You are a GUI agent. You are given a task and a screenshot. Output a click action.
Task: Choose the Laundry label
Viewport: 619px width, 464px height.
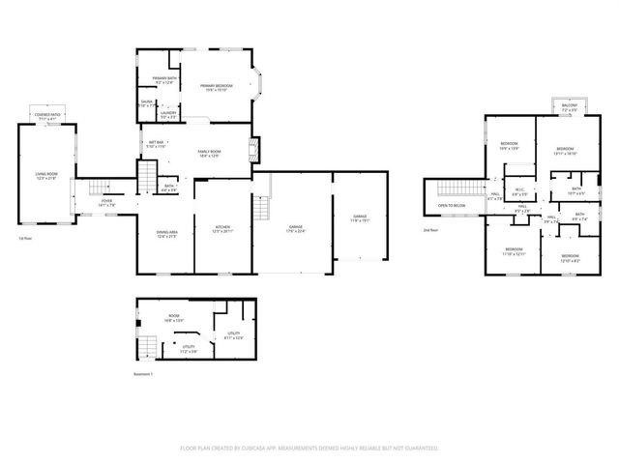(x=168, y=115)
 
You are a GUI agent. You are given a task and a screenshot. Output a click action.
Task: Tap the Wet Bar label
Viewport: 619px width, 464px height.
(x=155, y=144)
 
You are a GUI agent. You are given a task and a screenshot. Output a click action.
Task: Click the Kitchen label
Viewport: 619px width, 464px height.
(x=222, y=230)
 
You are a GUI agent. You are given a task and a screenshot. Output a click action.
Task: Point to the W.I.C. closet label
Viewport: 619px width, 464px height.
(x=519, y=189)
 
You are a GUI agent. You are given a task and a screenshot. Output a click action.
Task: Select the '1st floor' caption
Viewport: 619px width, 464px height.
(x=26, y=238)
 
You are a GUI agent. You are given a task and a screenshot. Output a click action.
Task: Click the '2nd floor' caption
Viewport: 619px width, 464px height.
(x=431, y=230)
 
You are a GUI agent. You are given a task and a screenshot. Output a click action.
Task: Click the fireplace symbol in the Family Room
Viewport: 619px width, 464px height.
(x=255, y=149)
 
